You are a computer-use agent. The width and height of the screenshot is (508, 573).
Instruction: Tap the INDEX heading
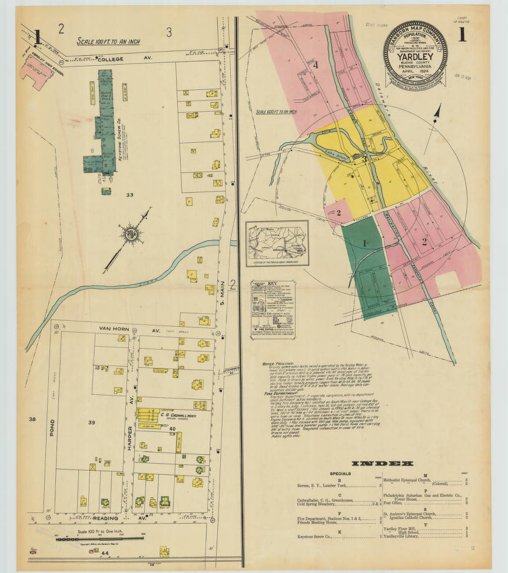[x=382, y=463]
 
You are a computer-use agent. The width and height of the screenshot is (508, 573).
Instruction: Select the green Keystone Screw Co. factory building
[x=103, y=126]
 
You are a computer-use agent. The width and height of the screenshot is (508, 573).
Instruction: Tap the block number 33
[x=130, y=194]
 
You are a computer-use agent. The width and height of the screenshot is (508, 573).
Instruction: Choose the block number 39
[x=91, y=423]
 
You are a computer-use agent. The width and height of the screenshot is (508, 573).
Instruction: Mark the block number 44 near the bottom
[x=106, y=554]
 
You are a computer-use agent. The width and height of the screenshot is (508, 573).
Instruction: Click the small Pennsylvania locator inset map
[x=276, y=243]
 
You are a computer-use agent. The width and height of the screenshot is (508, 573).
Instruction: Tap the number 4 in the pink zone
[x=316, y=65]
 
